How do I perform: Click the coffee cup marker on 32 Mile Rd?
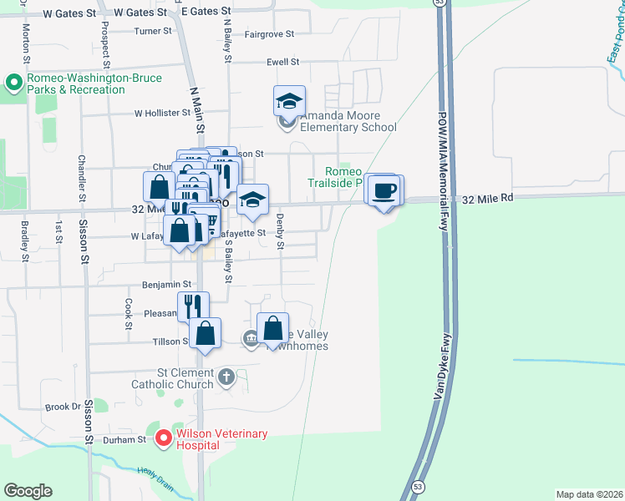(385, 191)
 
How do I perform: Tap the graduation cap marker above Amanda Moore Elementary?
(289, 102)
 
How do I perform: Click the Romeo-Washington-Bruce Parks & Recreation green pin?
(13, 83)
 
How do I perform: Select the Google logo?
(28, 491)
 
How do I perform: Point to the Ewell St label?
(283, 62)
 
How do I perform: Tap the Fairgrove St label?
(269, 34)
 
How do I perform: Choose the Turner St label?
(153, 31)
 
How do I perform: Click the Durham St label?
(124, 438)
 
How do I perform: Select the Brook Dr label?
(63, 407)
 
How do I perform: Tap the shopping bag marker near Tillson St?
(205, 334)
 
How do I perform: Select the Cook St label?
(129, 313)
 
